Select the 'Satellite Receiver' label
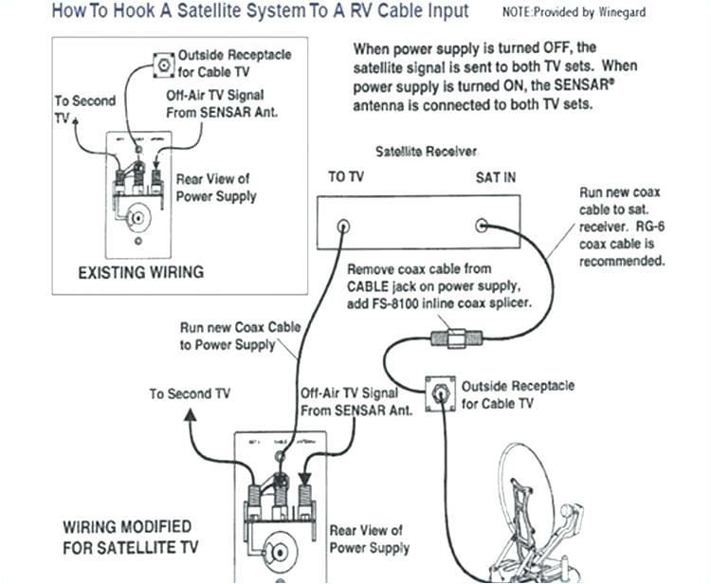[x=427, y=152]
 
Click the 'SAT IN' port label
[x=496, y=177]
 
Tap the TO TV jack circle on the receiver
[x=343, y=227]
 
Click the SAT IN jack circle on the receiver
[x=483, y=226]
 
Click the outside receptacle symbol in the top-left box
[x=162, y=66]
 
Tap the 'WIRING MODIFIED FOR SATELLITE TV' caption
[x=127, y=537]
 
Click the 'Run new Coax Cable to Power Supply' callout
[x=240, y=336]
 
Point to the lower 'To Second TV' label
[x=189, y=393]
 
